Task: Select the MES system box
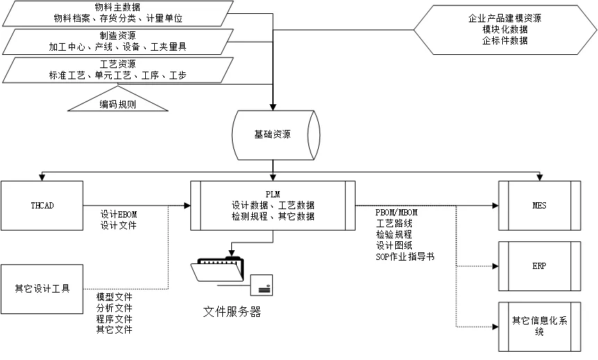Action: click(539, 206)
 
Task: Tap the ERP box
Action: click(539, 266)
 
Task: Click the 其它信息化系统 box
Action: click(539, 326)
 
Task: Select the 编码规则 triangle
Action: click(117, 104)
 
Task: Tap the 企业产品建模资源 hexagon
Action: click(505, 30)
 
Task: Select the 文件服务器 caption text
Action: click(232, 312)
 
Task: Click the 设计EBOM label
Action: click(119, 215)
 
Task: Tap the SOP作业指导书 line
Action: click(405, 256)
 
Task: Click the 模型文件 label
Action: click(114, 297)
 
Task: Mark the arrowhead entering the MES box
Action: click(495, 206)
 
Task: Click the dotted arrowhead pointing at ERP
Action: click(495, 266)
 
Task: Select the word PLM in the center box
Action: click(272, 195)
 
